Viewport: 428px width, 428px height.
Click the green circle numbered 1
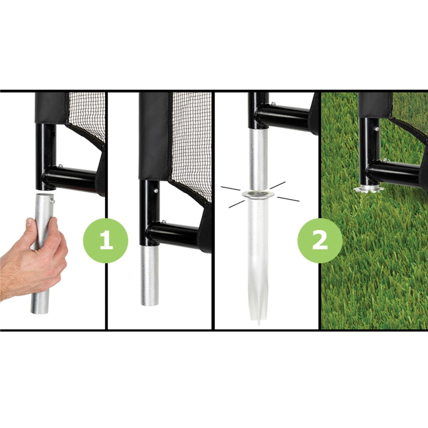(x=106, y=241)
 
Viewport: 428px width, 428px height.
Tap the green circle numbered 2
(x=320, y=241)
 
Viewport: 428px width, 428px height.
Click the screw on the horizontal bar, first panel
(x=60, y=165)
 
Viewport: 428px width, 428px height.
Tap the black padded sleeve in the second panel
(x=156, y=136)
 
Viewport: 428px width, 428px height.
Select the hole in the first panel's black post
(x=53, y=133)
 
